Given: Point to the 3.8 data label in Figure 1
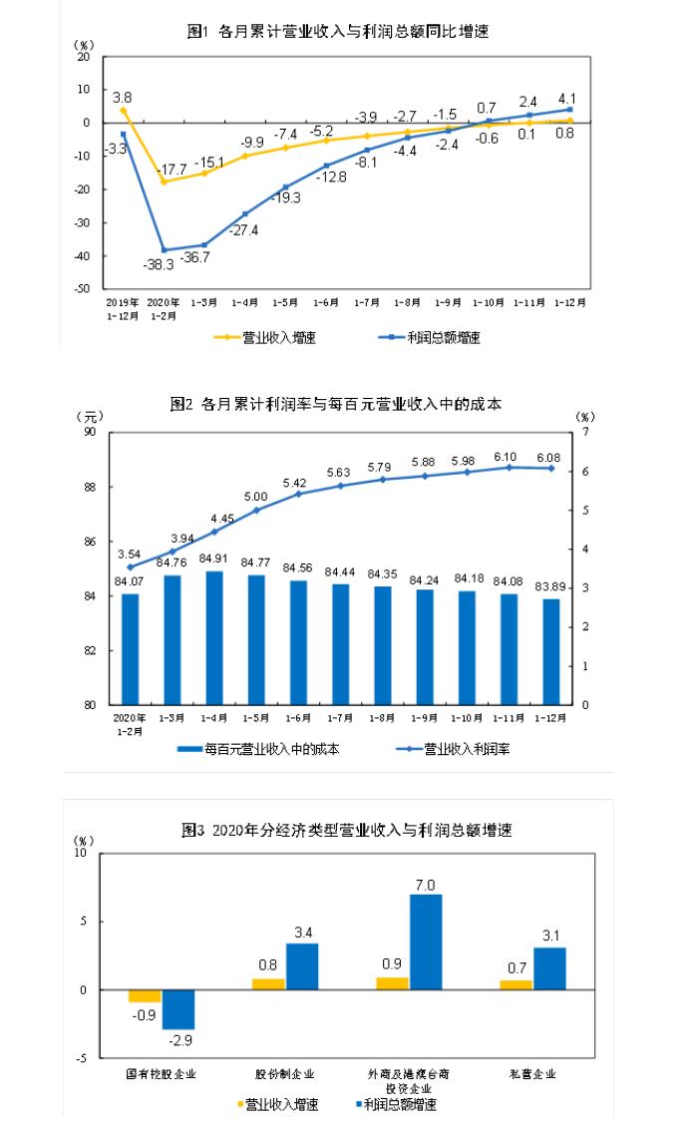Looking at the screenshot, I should click(123, 98).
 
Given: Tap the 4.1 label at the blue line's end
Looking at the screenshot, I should click(567, 98).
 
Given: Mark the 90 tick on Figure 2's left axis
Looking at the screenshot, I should click(90, 433).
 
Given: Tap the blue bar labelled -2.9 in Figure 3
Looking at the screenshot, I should click(178, 1009).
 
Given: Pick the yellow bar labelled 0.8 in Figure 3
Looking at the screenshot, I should click(267, 984).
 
